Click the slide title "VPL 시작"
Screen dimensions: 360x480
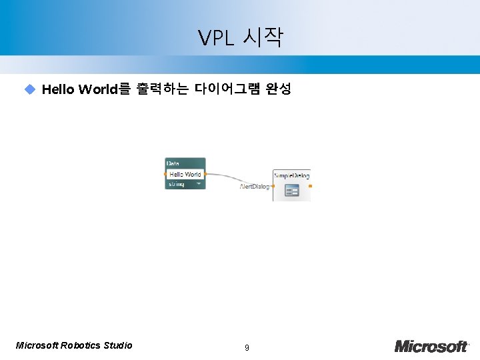(240, 38)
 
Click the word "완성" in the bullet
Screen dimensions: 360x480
(278, 89)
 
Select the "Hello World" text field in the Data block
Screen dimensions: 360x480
(185, 174)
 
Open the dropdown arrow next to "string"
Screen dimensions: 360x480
(198, 183)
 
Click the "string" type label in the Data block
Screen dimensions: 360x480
(176, 183)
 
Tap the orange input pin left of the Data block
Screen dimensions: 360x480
(165, 174)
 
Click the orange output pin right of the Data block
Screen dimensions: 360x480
(205, 174)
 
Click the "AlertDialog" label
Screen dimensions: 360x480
(254, 187)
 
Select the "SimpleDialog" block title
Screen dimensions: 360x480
(291, 175)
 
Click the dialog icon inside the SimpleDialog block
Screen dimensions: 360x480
(291, 191)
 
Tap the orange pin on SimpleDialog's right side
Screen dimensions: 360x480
(310, 185)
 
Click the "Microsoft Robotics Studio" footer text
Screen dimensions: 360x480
(74, 345)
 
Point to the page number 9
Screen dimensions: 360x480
(247, 347)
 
